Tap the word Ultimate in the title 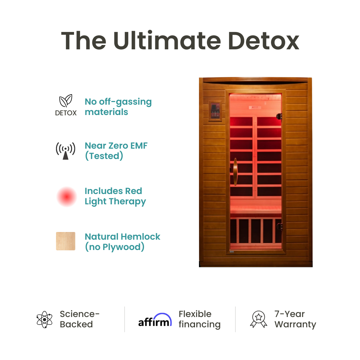(x=167, y=41)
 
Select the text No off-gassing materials (x=118, y=107)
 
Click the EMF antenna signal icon (x=65, y=151)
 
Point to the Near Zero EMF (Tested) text (x=116, y=151)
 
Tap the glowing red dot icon (x=66, y=197)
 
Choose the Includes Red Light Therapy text (x=115, y=196)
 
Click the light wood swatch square (x=66, y=241)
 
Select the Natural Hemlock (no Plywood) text (x=122, y=242)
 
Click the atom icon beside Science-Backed (x=45, y=319)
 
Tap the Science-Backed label (x=79, y=319)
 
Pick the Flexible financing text (x=199, y=319)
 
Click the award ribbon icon (x=259, y=319)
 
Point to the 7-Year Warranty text (x=295, y=319)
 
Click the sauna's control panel (x=214, y=111)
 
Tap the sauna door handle (x=235, y=172)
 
